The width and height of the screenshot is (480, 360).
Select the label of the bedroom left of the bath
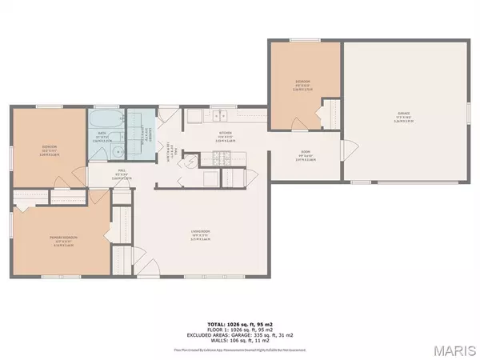point(48,147)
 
